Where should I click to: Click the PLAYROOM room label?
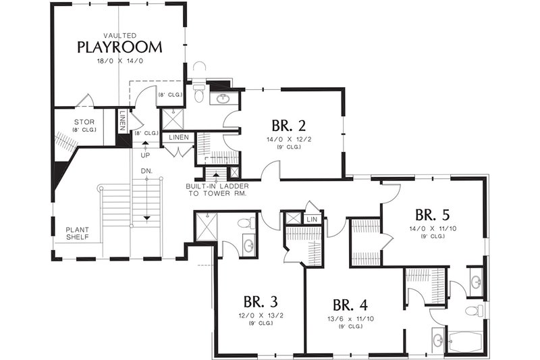pyautogui.click(x=119, y=47)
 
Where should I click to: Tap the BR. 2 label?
pyautogui.click(x=290, y=126)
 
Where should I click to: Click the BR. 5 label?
pyautogui.click(x=433, y=215)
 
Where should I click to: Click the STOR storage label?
pyautogui.click(x=84, y=122)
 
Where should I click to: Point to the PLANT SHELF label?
pyautogui.click(x=78, y=233)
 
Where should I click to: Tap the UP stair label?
pyautogui.click(x=145, y=155)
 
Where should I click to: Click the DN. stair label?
pyautogui.click(x=146, y=171)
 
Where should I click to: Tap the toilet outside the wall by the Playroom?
pyautogui.click(x=198, y=71)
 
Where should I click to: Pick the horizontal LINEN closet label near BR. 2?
pyautogui.click(x=179, y=137)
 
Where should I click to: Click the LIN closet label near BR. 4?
pyautogui.click(x=312, y=219)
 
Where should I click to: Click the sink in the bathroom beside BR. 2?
pyautogui.click(x=222, y=99)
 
